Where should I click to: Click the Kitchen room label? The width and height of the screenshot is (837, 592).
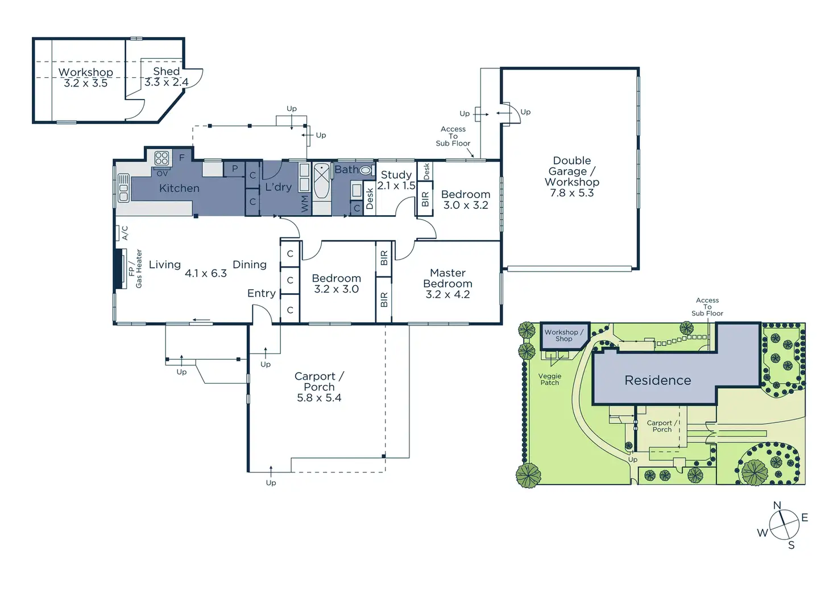179,188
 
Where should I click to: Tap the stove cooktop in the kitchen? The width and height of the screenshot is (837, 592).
162,158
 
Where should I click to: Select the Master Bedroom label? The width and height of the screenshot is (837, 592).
447,283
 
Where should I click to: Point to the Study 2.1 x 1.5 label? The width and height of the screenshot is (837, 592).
396,180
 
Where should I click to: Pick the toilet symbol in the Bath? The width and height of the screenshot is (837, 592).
366,170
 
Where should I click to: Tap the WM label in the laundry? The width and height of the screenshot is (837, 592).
305,203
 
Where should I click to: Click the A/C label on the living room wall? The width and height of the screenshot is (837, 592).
125,232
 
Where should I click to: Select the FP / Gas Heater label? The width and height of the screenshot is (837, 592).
135,269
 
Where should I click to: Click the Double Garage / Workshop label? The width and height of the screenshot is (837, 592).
571,176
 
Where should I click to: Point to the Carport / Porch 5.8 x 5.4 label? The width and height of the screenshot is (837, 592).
319,387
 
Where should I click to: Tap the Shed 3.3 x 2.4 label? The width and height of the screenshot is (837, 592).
166,77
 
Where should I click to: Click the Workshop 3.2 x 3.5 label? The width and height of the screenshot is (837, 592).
86,77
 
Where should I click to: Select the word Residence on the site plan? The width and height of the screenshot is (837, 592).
657,380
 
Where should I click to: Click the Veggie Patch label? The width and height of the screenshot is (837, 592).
550,379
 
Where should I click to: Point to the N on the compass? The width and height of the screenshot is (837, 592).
777,505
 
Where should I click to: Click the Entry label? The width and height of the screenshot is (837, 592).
262,293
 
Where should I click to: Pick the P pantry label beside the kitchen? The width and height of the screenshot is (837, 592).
234,168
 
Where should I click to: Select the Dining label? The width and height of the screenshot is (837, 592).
250,265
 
